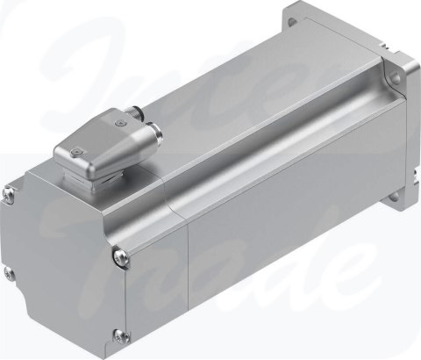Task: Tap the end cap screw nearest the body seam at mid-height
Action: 119,256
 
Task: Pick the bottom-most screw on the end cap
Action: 118,334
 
